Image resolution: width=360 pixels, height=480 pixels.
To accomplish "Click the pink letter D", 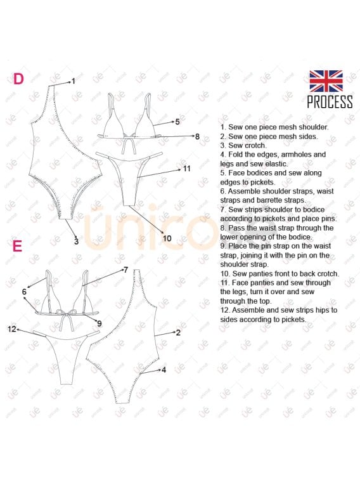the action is (x=18, y=79).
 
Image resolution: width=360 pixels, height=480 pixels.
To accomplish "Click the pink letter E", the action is (x=18, y=246).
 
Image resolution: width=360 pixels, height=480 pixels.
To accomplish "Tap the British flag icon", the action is (x=326, y=81).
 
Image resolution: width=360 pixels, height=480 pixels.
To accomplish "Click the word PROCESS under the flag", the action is (x=330, y=102).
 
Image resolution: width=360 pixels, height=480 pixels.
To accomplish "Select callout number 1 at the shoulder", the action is (x=74, y=81).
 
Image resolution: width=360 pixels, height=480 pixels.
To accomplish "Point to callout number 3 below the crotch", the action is (x=76, y=241).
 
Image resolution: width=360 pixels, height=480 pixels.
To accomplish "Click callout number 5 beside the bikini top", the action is (x=177, y=122).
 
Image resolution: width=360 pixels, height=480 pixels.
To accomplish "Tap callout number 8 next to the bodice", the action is (x=197, y=136).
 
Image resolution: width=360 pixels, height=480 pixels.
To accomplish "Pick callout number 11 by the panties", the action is (x=186, y=169).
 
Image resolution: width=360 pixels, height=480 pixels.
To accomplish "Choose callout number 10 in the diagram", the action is (x=167, y=238).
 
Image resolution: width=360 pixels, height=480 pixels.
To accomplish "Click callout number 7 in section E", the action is (x=125, y=269).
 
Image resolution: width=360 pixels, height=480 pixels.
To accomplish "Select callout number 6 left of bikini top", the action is (x=24, y=292).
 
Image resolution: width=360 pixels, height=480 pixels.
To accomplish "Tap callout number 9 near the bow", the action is (x=100, y=323).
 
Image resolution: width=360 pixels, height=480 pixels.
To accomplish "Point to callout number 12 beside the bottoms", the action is (x=12, y=329).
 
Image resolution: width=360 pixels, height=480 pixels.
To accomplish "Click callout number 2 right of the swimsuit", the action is (x=178, y=332).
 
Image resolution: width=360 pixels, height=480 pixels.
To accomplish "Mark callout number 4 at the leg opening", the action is (x=164, y=370).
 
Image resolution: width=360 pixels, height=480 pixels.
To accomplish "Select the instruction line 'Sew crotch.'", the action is (x=243, y=145).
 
